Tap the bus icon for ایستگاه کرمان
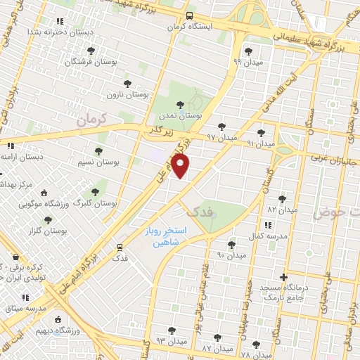point(188,15)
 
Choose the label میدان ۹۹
point(247,62)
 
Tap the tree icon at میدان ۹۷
point(222,127)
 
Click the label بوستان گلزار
point(44,230)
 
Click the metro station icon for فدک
point(120,247)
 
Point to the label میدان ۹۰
point(231,255)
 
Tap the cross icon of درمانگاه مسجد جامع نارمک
point(284,277)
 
